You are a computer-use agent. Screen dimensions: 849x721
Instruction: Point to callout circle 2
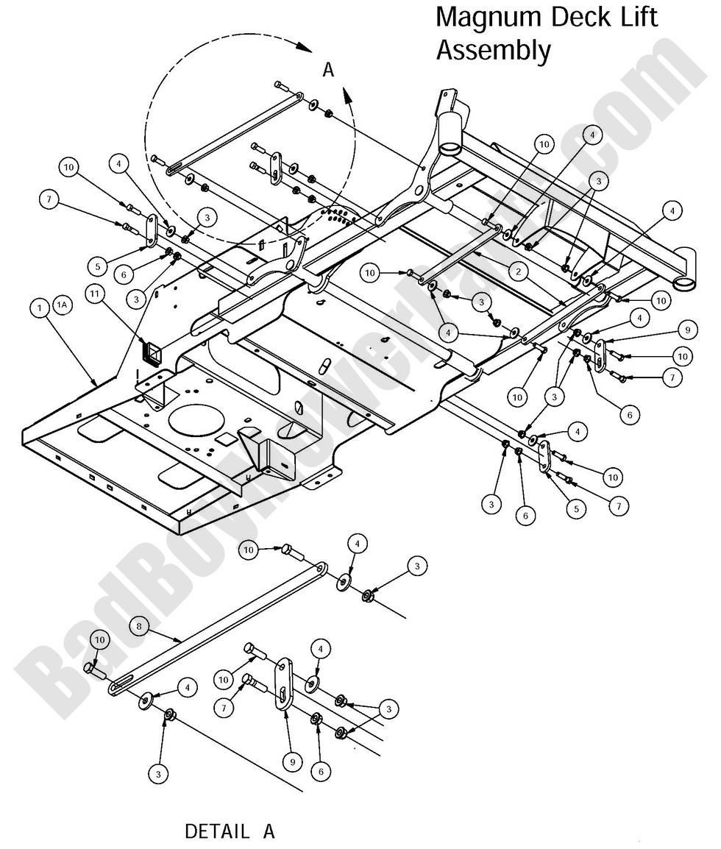[519, 271]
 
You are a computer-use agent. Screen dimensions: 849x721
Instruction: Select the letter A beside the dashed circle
[328, 70]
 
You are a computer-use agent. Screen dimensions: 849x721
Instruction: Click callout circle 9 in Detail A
[291, 762]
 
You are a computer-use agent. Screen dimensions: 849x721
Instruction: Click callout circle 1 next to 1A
[39, 310]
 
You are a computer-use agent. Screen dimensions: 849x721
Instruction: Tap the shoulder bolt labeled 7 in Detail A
[259, 683]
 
